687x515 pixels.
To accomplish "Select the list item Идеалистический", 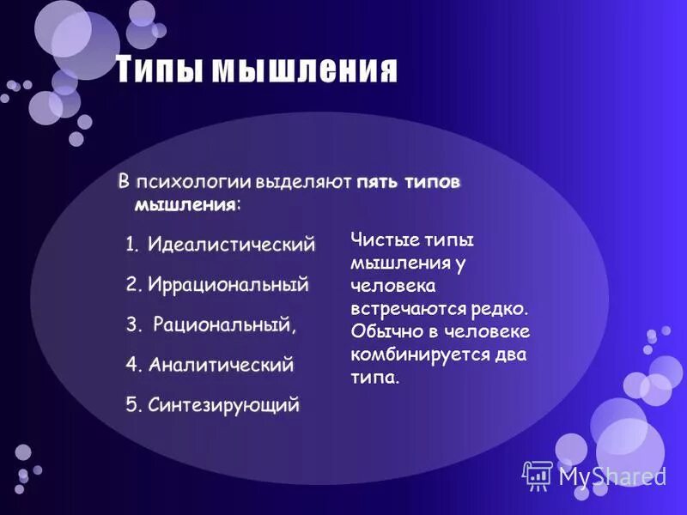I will click(x=231, y=245).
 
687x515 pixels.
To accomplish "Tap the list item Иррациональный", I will click(x=228, y=284).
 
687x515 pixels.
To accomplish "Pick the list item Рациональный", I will click(x=225, y=325).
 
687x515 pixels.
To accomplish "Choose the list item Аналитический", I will click(x=221, y=365).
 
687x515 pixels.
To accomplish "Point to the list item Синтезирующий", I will click(x=224, y=404).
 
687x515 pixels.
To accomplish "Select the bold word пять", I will click(x=375, y=183).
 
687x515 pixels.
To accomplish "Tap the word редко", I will click(x=498, y=308).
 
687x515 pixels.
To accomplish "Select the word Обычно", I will click(x=386, y=331).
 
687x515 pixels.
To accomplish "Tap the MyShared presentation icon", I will click(x=538, y=475).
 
